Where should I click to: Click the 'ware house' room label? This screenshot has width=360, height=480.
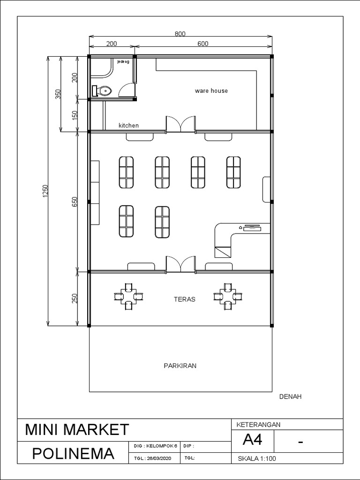211,90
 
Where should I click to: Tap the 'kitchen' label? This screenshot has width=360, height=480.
128,126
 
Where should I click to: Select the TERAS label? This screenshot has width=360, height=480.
184,299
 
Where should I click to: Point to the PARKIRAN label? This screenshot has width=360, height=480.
180,366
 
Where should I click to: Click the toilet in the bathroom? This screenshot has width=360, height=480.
102,90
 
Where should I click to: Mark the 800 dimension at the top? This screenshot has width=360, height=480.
180,34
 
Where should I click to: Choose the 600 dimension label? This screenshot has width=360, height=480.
202,44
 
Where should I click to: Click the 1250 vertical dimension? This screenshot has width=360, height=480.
45,191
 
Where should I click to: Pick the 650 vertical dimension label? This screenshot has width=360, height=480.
75,202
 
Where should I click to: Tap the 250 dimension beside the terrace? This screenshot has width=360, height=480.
75,299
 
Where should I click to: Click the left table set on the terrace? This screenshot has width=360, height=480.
128,296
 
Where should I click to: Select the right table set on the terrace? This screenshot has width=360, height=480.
228,296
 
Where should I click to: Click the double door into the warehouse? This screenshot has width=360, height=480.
180,124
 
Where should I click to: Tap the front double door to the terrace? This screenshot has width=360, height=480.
180,264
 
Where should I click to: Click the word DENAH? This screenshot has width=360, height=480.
290,397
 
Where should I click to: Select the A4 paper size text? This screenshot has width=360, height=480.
252,441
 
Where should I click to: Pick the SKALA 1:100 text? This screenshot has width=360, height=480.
257,459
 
